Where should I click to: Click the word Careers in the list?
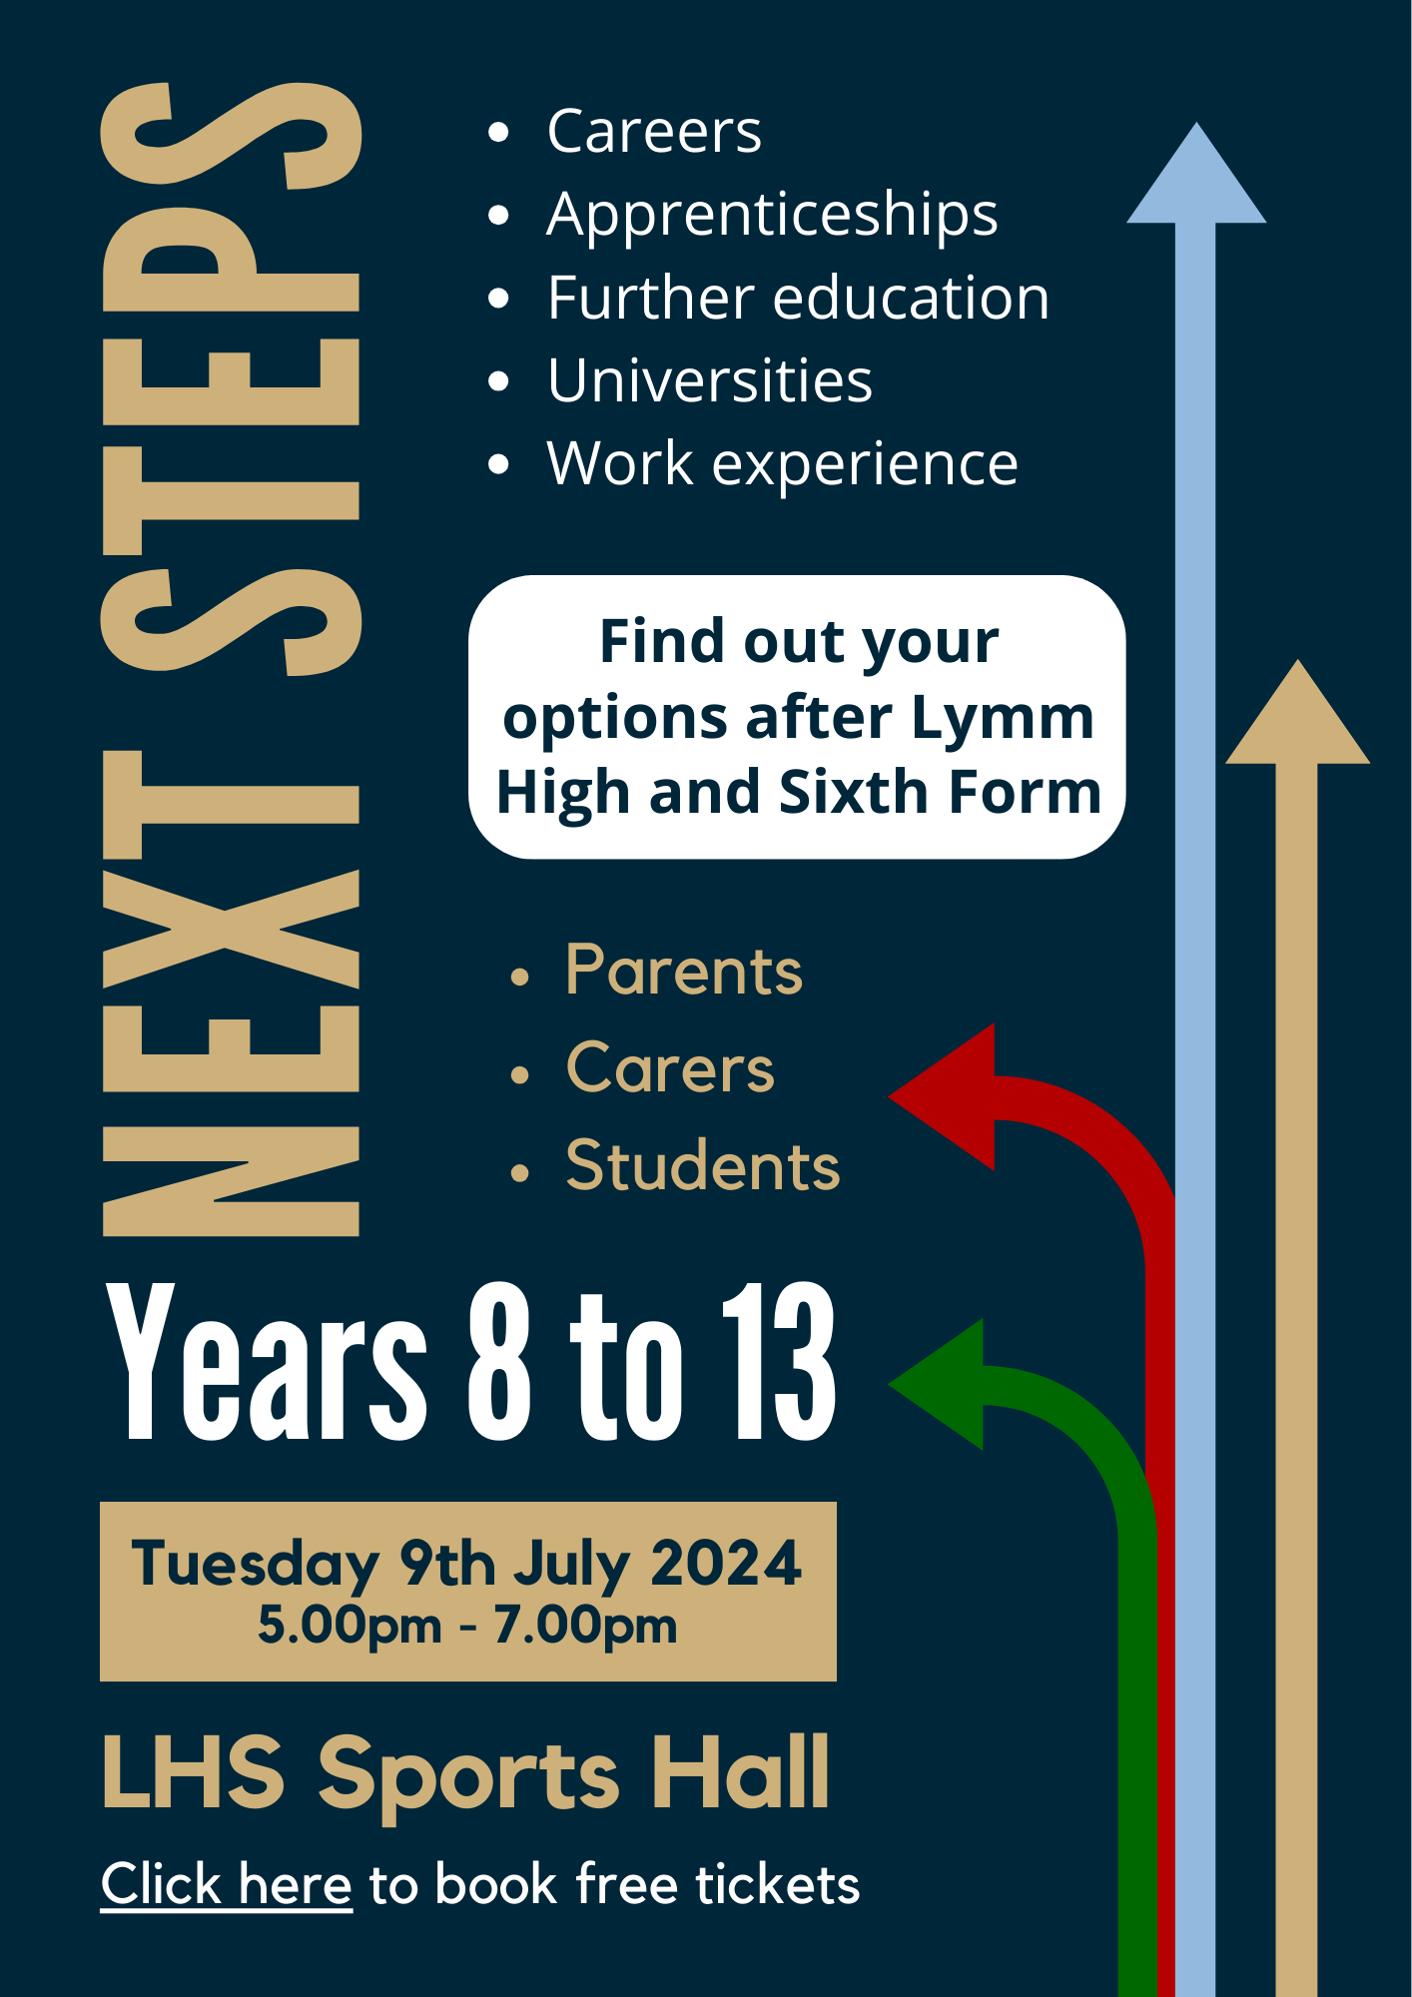pos(654,131)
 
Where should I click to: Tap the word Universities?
pos(710,380)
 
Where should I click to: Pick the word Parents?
pos(684,971)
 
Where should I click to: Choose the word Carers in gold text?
pos(670,1067)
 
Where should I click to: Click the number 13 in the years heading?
pos(780,1362)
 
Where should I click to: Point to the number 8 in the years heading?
pos(499,1362)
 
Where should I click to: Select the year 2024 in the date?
pos(726,1563)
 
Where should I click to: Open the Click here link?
pos(227,1885)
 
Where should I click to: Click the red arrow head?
pos(942,1096)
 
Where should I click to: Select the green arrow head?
pos(937,1384)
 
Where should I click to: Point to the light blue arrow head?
pos(1196,173)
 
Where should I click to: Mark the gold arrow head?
pos(1297,712)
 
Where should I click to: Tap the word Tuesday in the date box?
pos(256,1565)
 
